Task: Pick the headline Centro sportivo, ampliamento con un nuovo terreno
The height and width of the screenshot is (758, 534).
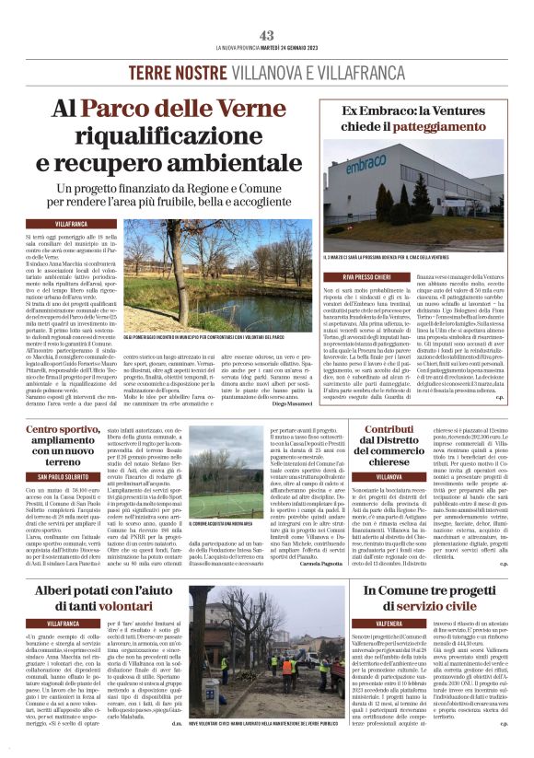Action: click(63, 447)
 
